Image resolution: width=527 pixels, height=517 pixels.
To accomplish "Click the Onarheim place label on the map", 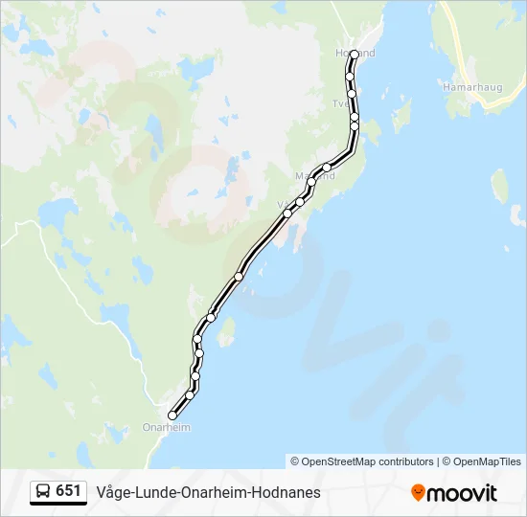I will click(x=166, y=427).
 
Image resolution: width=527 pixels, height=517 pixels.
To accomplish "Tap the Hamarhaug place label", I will click(x=468, y=87).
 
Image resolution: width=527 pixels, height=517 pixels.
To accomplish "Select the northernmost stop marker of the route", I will click(x=355, y=54).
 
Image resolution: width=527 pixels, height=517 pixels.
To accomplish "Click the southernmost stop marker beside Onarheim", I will click(x=172, y=415).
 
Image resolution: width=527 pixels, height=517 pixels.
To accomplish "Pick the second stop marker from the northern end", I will click(x=351, y=76).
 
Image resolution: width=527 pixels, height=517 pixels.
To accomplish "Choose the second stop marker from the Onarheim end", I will click(x=190, y=394).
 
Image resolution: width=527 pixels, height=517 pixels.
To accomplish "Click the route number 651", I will click(x=68, y=491).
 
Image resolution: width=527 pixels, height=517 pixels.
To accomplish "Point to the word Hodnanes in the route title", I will click(x=290, y=492).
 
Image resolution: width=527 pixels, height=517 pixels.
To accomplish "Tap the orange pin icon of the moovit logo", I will click(x=418, y=492).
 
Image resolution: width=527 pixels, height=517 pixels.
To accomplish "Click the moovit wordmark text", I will click(x=463, y=493).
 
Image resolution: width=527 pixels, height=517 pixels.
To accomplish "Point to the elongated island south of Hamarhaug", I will click(x=499, y=186).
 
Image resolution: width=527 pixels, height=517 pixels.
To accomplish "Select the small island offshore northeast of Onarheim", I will click(x=227, y=332).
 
